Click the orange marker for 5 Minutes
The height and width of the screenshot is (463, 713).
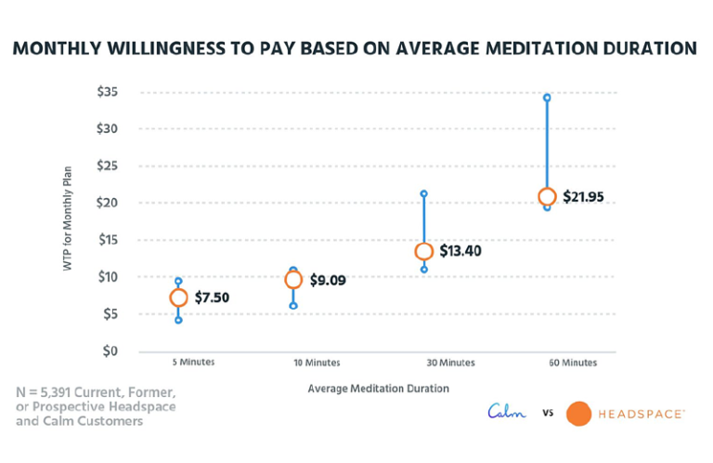point(178,298)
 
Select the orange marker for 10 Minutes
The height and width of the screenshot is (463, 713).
point(293,279)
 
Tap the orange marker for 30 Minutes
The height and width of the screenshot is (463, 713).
point(424,251)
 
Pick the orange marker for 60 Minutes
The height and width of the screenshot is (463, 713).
point(547,196)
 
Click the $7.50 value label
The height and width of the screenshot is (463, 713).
point(213,298)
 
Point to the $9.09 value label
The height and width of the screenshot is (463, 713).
point(329,280)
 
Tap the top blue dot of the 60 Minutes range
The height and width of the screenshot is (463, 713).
point(547,98)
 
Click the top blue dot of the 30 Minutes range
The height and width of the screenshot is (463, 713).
point(424,194)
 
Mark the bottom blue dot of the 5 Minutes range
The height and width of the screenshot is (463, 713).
point(178,320)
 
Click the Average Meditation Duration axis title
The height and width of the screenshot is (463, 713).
point(378,388)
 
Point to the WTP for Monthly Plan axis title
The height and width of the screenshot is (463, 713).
point(68,221)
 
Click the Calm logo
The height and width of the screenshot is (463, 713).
point(507,411)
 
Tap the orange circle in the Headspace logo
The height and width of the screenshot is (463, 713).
point(578,413)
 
